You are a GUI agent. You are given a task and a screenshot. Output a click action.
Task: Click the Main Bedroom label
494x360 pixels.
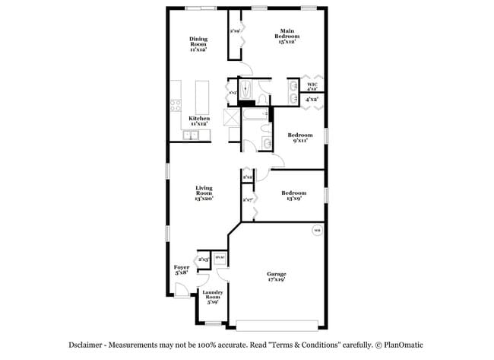(285, 37)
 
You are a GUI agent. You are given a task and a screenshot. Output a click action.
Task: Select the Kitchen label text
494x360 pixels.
(199, 121)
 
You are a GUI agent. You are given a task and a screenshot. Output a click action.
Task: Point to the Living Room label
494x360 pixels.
(204, 193)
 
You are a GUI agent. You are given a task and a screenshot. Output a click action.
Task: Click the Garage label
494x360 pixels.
(276, 276)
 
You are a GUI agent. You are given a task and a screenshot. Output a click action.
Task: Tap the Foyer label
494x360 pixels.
(182, 270)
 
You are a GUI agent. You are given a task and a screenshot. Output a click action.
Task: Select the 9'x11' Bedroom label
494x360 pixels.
(299, 138)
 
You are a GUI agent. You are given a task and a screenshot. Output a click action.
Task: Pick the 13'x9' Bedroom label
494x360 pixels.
(293, 196)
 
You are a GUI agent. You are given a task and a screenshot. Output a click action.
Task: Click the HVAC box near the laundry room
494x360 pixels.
(220, 259)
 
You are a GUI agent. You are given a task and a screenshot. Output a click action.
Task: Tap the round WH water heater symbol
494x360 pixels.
(316, 230)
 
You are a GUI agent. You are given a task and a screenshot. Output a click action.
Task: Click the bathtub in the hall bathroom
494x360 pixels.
(255, 116)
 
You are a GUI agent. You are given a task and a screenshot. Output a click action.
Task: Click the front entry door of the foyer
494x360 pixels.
(181, 291)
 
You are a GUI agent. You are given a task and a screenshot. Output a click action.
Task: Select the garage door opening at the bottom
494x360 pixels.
(277, 325)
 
